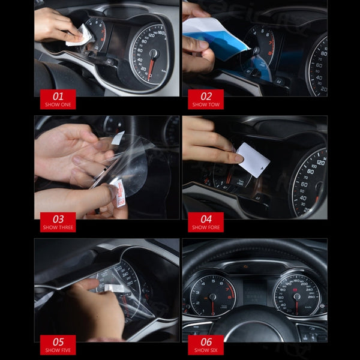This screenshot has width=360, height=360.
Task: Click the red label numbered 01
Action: tap(58, 100)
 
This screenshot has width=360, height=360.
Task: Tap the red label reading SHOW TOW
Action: tap(206, 100)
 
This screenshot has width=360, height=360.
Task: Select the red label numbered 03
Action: tap(58, 222)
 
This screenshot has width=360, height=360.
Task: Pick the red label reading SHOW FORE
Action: tap(206, 222)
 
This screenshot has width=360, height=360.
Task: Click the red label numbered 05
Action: tap(58, 344)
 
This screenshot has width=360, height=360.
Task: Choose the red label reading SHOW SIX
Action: tap(206, 344)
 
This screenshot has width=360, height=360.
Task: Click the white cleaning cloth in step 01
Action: tap(80, 37)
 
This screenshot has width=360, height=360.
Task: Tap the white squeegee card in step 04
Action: tap(253, 159)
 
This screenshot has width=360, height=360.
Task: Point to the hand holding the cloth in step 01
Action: tap(57, 24)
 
